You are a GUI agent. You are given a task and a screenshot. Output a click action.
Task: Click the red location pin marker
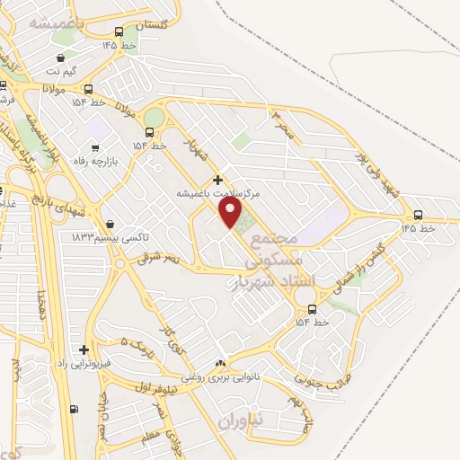231,212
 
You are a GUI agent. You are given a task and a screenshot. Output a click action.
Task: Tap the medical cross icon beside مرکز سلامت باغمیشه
217,181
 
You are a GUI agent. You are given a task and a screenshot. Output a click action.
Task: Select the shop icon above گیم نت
84,57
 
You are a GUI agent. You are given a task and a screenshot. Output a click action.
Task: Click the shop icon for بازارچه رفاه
94,147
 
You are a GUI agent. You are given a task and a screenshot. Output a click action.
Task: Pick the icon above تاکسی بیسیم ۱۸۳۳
110,224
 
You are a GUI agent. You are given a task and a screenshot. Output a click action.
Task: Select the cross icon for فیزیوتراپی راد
84,349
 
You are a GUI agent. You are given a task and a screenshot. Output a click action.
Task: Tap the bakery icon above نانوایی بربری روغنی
219,364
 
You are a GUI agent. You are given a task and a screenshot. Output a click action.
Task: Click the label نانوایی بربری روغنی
221,377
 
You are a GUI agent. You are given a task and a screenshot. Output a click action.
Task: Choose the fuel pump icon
73,409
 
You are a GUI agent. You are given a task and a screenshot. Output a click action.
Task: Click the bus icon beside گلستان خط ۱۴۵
119,31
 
